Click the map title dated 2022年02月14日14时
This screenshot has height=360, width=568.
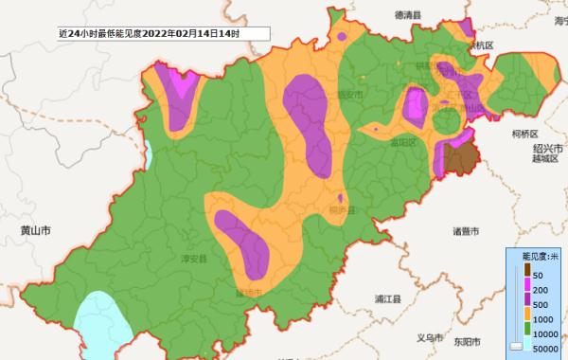click(149, 33)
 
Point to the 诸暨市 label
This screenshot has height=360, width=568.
click(466, 231)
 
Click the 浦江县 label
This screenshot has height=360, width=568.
click(388, 299)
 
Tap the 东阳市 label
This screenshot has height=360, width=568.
click(466, 341)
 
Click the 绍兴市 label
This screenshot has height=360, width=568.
click(546, 149)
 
